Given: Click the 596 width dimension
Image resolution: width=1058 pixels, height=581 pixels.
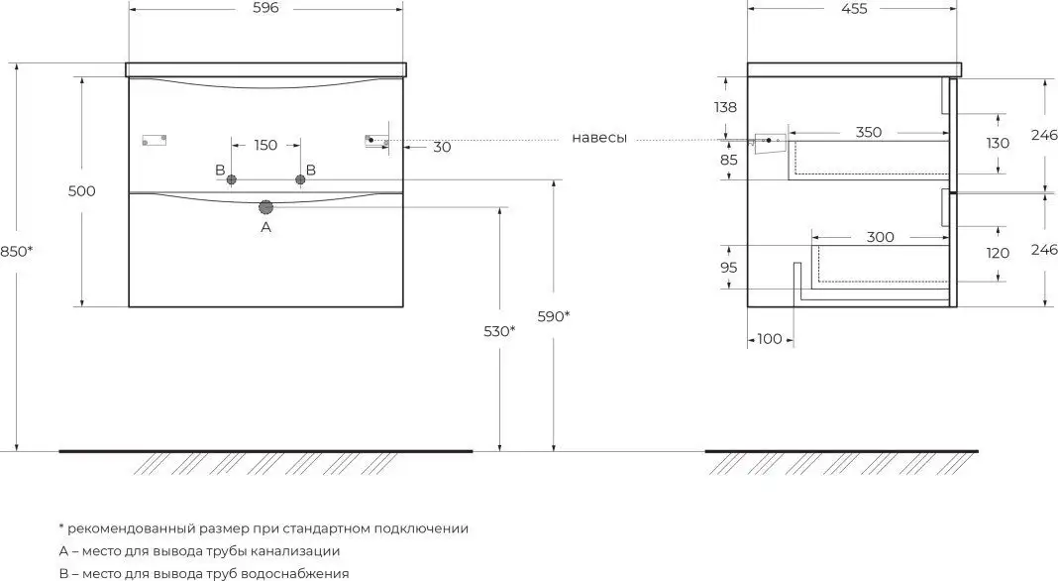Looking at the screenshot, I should tap(264, 8).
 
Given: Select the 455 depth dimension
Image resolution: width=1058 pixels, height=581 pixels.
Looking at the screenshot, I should tap(853, 9).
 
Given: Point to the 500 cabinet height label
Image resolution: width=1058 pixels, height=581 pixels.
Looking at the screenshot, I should tap(82, 191).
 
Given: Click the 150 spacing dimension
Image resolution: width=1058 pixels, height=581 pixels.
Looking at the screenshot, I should tap(265, 146).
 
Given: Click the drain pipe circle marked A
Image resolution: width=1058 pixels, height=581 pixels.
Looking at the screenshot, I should tap(265, 206).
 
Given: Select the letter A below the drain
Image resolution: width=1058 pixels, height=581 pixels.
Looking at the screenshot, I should tap(265, 227).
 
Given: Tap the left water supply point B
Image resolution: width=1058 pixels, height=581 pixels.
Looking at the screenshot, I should tap(231, 179).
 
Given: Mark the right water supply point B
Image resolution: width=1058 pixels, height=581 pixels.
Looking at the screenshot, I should tap(300, 179).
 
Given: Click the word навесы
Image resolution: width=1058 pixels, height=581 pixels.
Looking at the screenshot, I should tap(599, 139).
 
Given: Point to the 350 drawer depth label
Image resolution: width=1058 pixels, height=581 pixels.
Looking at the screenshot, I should tap(868, 132).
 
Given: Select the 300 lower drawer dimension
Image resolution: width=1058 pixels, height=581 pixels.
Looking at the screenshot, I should tap(880, 237).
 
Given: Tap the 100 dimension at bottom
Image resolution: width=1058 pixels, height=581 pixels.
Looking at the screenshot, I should tap(770, 340).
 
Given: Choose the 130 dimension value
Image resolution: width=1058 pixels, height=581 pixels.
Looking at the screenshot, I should tap(998, 143).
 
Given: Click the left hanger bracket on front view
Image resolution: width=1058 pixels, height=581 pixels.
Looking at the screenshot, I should tap(156, 140).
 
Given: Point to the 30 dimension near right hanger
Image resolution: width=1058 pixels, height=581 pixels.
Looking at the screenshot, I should tap(442, 147).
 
